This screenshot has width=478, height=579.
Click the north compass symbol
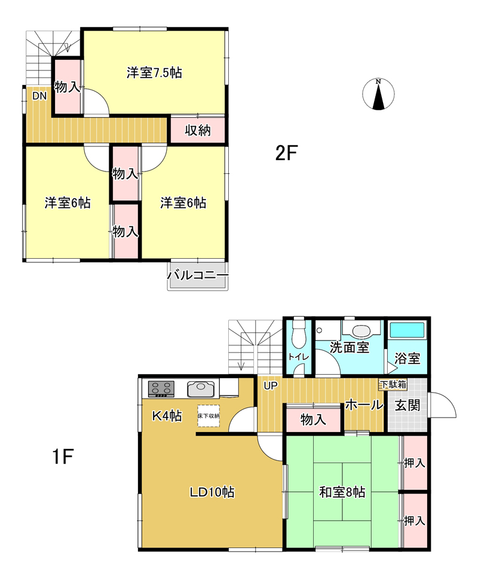378,94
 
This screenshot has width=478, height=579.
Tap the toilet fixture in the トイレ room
298,333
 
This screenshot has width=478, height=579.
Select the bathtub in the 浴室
407,330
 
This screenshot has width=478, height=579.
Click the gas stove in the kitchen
161,389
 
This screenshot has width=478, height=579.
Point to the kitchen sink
201,389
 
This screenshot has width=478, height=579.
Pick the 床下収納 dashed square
209,416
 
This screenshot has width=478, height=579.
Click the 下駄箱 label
393,384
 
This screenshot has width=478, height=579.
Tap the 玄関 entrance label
407,405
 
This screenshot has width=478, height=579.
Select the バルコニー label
198,275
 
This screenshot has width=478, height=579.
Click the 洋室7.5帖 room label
154,73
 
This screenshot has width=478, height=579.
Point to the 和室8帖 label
342,492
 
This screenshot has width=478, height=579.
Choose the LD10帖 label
212,492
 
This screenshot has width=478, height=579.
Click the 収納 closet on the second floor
198,130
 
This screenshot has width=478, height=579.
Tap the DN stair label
39,96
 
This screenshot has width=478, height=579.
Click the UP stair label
270,385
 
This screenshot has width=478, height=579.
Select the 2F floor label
286,153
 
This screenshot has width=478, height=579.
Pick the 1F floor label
63,457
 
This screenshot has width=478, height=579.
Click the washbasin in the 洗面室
361,330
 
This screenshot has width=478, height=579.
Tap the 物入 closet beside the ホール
313,419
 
